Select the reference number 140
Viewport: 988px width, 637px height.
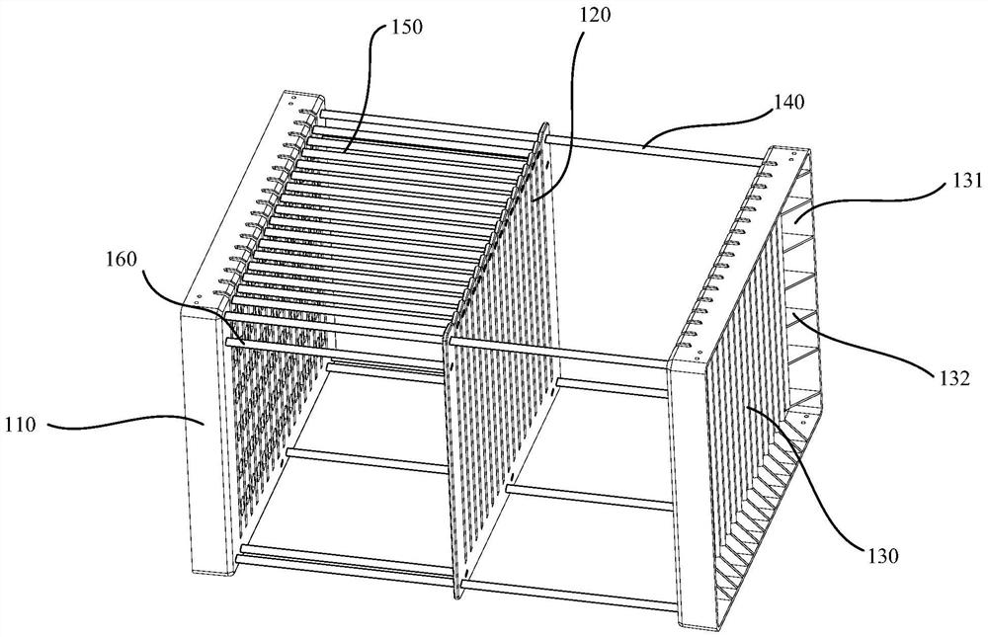(789, 101)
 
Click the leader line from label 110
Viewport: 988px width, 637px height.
(119, 426)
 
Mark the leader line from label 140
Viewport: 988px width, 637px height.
(711, 123)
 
